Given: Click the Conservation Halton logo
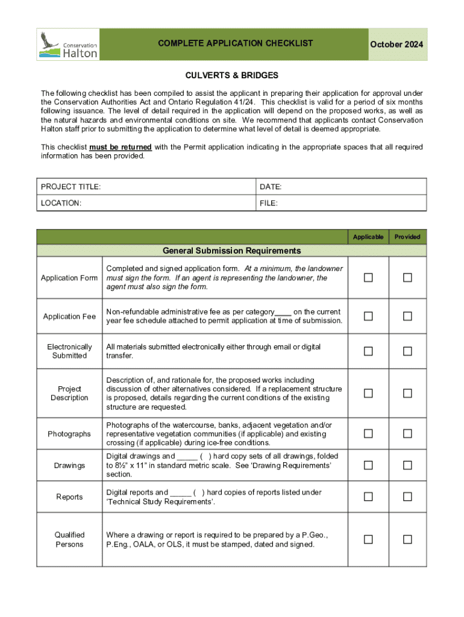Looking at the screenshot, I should click(x=68, y=45).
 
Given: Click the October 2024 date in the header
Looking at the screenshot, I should click(x=396, y=45).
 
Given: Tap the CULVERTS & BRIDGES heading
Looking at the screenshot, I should click(x=231, y=75).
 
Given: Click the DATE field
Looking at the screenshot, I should click(x=341, y=187).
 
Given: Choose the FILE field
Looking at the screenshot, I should click(x=341, y=203).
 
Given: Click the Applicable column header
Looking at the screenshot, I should click(x=368, y=237).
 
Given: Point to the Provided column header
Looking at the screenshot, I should click(x=407, y=237).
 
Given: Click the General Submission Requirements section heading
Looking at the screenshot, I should click(x=231, y=251).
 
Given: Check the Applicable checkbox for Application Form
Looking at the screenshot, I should click(x=368, y=278).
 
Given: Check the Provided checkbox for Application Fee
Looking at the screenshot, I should click(x=407, y=316).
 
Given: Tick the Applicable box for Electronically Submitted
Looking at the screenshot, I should click(x=368, y=351).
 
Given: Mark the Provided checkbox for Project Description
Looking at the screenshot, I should click(x=407, y=393).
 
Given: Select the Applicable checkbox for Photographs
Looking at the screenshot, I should click(x=368, y=434).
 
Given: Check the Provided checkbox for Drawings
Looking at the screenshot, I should click(x=407, y=465).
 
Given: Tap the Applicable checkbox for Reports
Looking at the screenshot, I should click(x=368, y=496).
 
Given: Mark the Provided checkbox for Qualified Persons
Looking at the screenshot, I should click(x=407, y=539).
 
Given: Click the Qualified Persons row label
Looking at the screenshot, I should click(x=69, y=539).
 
